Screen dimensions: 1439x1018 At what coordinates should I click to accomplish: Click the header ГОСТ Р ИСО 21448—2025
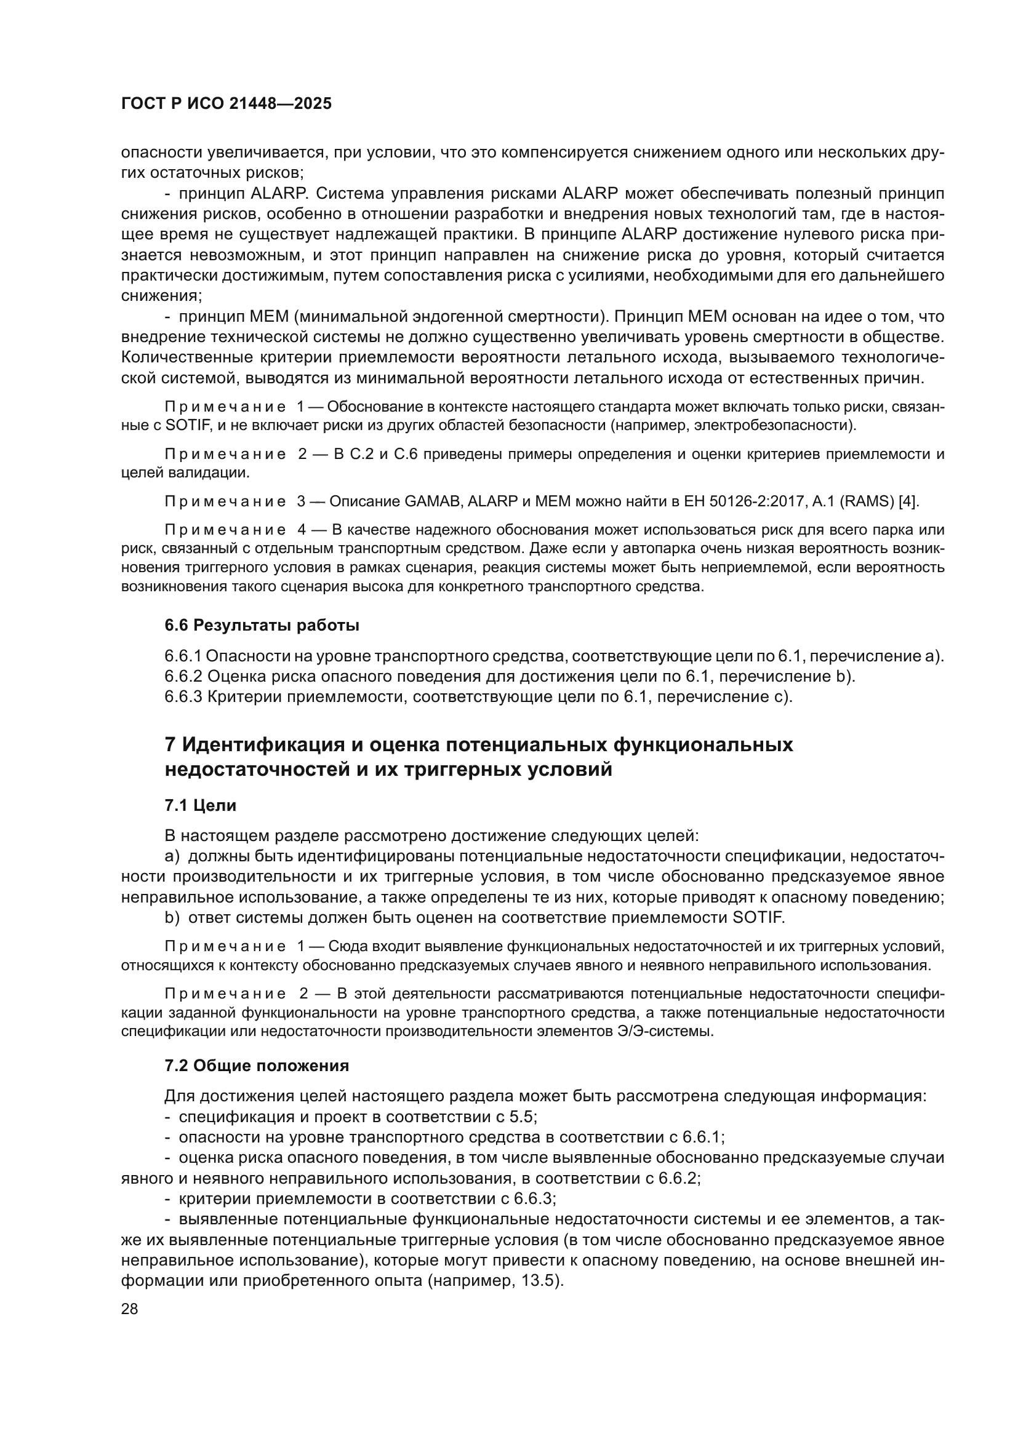tap(226, 104)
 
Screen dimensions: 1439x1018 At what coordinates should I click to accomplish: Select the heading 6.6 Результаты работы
tap(262, 626)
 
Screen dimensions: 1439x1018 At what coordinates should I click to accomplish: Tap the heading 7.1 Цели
tap(201, 805)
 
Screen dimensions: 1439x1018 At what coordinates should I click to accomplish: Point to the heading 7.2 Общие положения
tap(257, 1066)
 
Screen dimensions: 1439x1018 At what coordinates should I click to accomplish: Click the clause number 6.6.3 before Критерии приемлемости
tap(183, 696)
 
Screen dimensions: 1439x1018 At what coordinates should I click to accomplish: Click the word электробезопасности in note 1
tap(783, 426)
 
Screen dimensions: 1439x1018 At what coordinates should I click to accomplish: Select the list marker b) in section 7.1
tap(172, 918)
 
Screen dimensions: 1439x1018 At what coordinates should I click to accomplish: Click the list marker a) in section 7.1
tap(172, 857)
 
